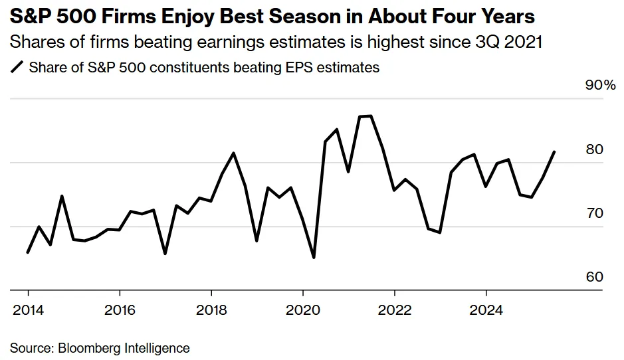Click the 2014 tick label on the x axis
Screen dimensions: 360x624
point(27,310)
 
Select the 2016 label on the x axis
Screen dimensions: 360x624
point(119,310)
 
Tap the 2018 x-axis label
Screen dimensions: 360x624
point(211,310)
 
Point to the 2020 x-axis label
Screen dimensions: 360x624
point(302,310)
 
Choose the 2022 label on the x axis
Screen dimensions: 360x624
point(394,310)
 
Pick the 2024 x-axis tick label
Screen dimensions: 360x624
point(486,310)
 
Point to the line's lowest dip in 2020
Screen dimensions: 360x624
point(314,258)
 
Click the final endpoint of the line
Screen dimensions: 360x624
point(555,151)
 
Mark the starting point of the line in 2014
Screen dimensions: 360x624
point(27,252)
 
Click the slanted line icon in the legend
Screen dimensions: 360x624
point(17,67)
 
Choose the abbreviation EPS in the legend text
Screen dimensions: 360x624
point(287,67)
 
